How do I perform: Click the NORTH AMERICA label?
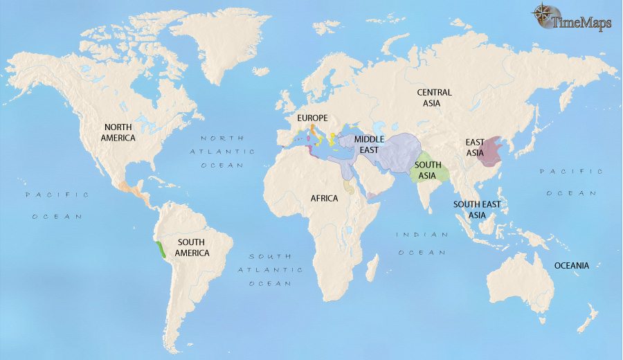coord(119,132)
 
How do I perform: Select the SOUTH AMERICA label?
coord(192,247)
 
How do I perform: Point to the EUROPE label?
coord(311,118)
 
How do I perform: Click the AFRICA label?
coord(324,199)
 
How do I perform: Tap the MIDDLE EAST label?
coord(369,144)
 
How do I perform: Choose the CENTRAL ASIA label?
coord(434,98)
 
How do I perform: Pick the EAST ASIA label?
coord(475,147)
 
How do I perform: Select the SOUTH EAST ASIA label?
coord(477,209)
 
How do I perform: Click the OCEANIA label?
coord(571,265)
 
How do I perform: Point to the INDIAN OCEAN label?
coord(422,243)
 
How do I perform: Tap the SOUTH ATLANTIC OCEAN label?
coord(271,269)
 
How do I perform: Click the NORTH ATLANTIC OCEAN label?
coord(223,151)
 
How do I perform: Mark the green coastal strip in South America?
coord(161,249)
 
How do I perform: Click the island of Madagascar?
coord(372,267)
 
